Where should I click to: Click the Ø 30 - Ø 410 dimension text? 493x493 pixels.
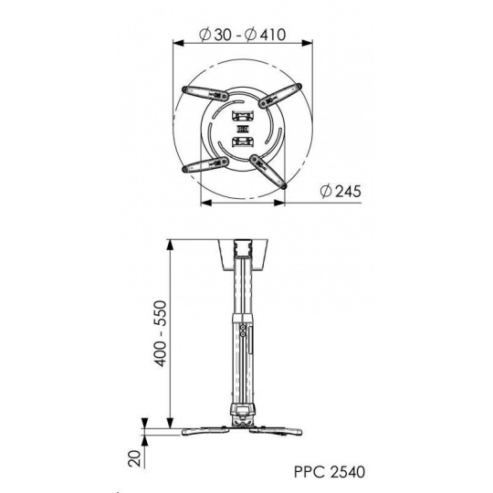click(x=243, y=35)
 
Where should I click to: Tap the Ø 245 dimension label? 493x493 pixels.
click(x=341, y=191)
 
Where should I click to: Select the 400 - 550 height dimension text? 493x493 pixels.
click(x=161, y=333)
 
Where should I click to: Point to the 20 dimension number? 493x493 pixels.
click(x=134, y=458)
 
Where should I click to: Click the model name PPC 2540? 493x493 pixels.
click(x=330, y=472)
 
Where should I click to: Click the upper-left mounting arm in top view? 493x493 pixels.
click(x=205, y=93)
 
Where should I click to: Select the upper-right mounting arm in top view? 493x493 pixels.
click(x=280, y=96)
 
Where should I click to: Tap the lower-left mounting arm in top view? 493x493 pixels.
click(x=205, y=164)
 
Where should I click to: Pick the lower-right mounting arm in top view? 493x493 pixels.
click(x=268, y=172)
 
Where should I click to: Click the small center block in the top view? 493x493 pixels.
click(x=243, y=129)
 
